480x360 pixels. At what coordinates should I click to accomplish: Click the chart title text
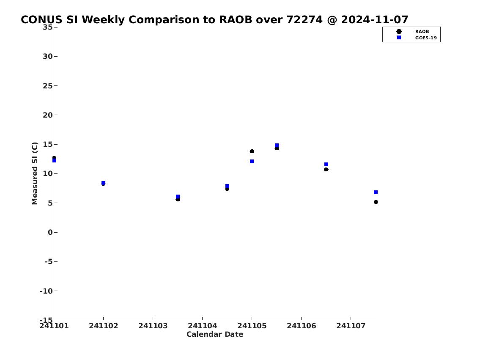[x=214, y=19]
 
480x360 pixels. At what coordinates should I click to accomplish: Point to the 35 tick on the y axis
[x=47, y=27]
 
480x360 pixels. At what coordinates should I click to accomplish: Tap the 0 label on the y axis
[x=50, y=232]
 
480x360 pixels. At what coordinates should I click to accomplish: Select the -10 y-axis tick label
[x=46, y=291]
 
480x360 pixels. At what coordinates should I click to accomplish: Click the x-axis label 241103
[x=153, y=326]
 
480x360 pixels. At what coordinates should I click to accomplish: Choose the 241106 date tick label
[x=301, y=326]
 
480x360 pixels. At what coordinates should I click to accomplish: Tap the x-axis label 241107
[x=351, y=326]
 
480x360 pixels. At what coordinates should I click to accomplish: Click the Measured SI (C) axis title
[x=35, y=173]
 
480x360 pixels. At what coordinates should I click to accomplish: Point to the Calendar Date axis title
[x=214, y=334]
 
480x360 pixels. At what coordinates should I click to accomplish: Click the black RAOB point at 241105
[x=252, y=151]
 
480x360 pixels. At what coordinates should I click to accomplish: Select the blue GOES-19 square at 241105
[x=252, y=161]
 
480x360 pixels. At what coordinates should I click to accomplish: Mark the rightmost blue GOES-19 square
[x=376, y=192]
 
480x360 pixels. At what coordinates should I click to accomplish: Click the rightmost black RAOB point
[x=376, y=202]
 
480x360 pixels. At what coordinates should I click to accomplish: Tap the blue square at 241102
[x=104, y=183]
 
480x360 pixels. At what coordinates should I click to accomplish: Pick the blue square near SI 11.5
[x=326, y=165]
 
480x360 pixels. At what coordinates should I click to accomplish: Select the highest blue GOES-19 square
[x=277, y=146]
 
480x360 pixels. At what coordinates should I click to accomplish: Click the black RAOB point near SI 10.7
[x=326, y=169]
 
